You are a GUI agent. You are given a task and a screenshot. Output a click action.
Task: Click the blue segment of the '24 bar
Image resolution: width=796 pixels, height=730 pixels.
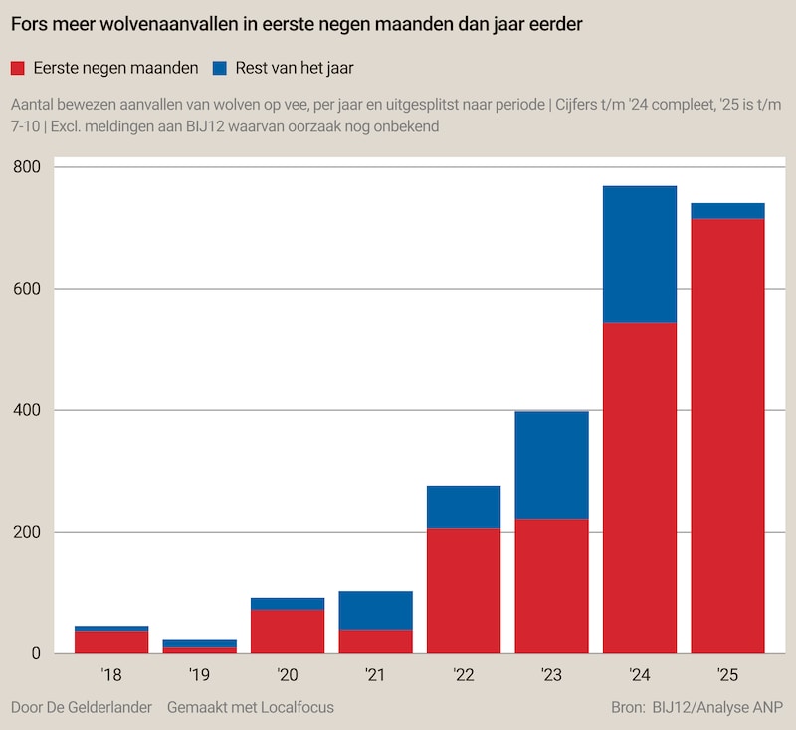(639, 254)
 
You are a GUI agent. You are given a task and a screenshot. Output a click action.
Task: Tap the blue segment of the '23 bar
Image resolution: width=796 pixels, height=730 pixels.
(551, 465)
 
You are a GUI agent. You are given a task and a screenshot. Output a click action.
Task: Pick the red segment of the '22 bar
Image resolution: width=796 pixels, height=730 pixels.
(463, 590)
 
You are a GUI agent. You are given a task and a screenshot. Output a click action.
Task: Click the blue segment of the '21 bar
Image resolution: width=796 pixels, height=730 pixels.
(375, 609)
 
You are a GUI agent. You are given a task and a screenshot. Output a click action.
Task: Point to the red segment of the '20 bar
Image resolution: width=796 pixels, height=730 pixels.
(288, 631)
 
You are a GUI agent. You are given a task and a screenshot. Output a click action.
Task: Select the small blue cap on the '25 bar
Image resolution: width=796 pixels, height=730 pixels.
(727, 210)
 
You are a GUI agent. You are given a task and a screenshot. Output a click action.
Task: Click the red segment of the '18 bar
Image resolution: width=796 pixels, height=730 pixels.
(111, 642)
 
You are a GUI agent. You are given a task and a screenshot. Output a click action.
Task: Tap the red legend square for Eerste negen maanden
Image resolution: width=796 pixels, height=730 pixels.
(18, 69)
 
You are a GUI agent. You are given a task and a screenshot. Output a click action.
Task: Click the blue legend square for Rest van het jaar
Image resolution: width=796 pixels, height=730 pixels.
(219, 69)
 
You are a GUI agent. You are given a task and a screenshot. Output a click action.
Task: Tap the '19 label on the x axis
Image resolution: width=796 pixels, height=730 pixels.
(199, 675)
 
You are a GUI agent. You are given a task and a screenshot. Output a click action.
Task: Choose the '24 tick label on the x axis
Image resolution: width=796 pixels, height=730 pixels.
(639, 675)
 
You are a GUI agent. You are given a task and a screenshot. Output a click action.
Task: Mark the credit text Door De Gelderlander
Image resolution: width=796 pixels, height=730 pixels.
(81, 707)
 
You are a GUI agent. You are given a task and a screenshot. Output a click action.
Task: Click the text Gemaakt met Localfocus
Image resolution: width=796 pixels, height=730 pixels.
(251, 707)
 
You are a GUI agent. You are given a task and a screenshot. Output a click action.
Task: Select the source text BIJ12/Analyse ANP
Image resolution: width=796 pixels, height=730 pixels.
(717, 707)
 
